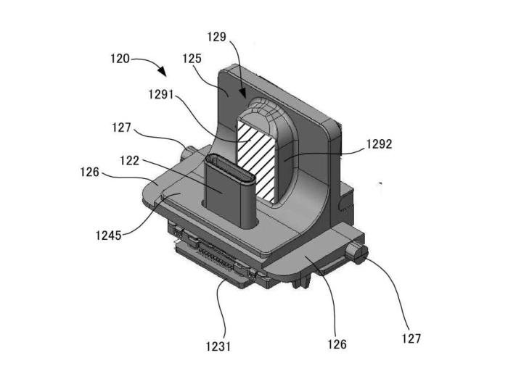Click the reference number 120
coord(120,59)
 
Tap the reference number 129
coord(217,37)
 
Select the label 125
coord(192,59)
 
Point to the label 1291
coord(161,95)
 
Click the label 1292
coord(379,144)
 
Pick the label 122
coord(130,160)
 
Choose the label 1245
coord(109,235)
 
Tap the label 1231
coord(218,346)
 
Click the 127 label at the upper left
coord(121,128)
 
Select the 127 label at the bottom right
coord(411,338)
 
